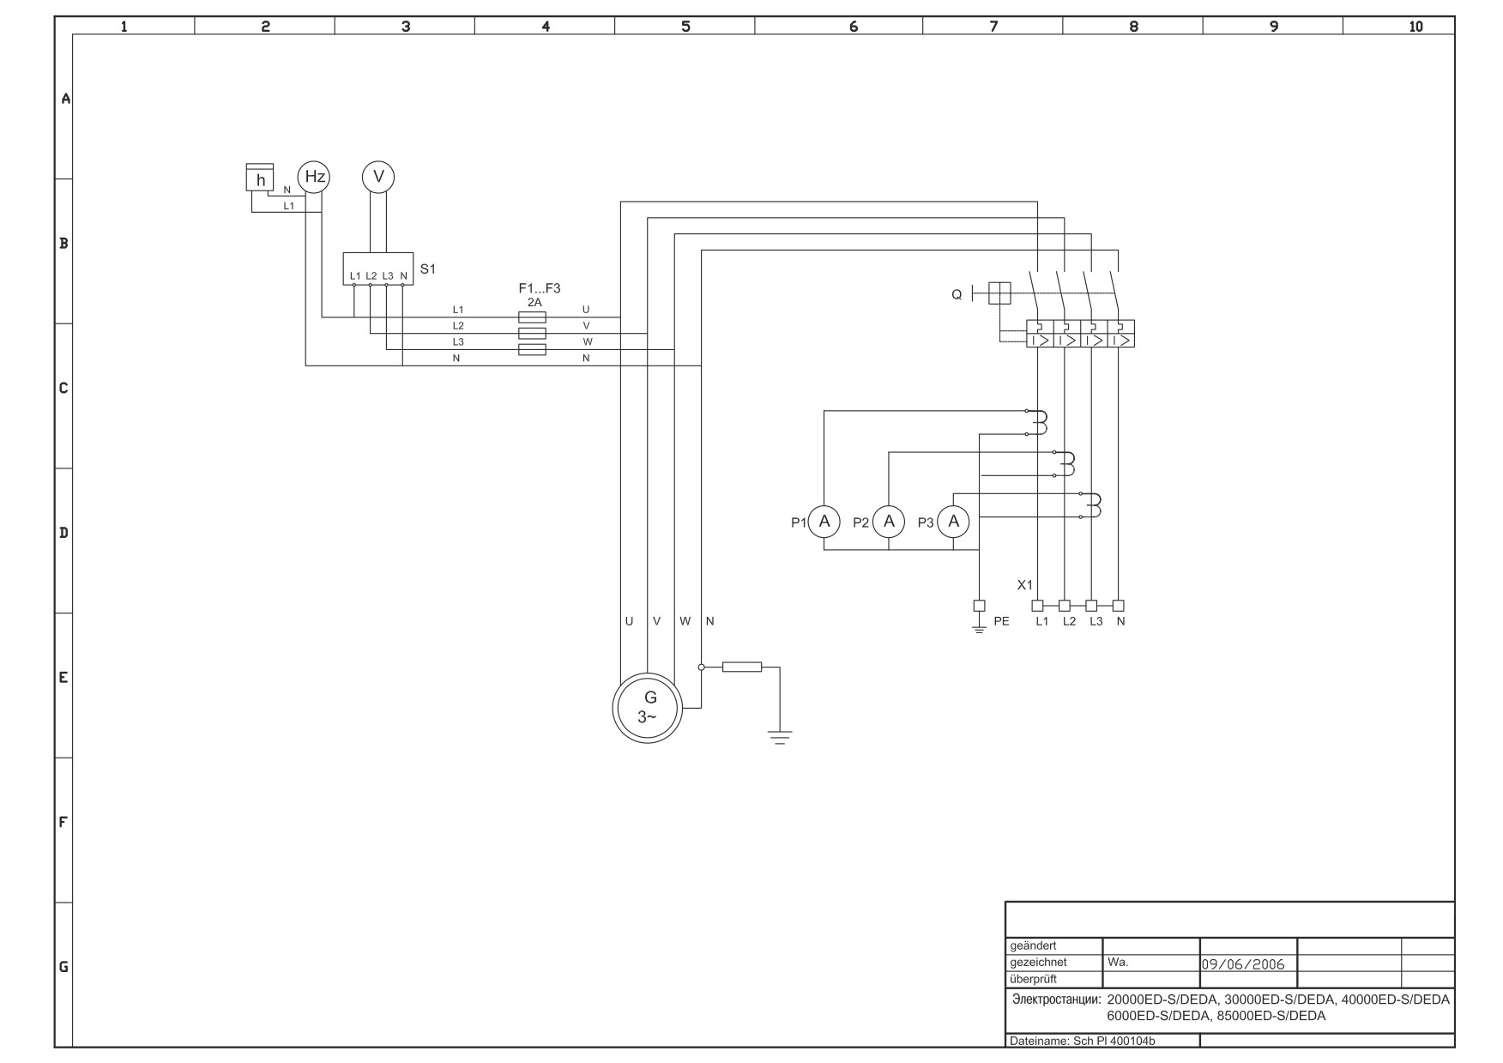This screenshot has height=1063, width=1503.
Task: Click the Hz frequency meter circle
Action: (x=314, y=177)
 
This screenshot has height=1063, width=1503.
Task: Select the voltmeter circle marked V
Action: (x=378, y=177)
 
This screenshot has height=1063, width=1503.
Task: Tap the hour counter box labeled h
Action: (x=260, y=178)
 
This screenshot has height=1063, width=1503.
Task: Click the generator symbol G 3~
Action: (x=648, y=708)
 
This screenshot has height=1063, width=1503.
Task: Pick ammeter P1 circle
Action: (x=824, y=522)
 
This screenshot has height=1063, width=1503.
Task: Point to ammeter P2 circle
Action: (x=889, y=522)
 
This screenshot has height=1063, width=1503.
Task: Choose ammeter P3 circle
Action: (x=953, y=522)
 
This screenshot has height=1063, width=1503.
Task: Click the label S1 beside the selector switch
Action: (x=427, y=269)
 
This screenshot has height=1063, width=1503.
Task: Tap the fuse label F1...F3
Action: (x=539, y=289)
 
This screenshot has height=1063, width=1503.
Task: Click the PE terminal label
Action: (x=1001, y=621)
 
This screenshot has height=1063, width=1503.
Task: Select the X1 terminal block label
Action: (x=1025, y=585)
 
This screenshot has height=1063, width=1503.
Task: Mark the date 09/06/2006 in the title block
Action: (x=1243, y=964)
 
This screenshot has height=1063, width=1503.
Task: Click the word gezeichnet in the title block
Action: (x=1038, y=963)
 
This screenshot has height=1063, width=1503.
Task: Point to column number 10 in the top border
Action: (x=1415, y=27)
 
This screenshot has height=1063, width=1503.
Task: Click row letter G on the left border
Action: (x=63, y=967)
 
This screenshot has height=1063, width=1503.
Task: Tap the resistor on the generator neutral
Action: (x=742, y=667)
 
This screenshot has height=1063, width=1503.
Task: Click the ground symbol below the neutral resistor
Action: (x=779, y=737)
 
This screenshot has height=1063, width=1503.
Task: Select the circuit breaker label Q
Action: (x=957, y=295)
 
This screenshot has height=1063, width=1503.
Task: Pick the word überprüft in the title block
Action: (x=1033, y=979)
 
